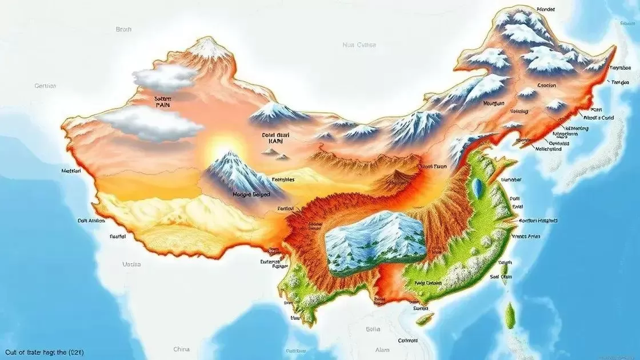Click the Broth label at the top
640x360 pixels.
[123, 29]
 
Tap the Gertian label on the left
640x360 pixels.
[45, 86]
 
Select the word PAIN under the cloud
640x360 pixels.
[163, 106]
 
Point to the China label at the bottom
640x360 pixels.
[182, 349]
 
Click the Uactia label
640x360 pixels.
[131, 265]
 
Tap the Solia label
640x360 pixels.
[373, 329]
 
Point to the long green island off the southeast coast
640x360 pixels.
[510, 315]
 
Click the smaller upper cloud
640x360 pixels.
[164, 77]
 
